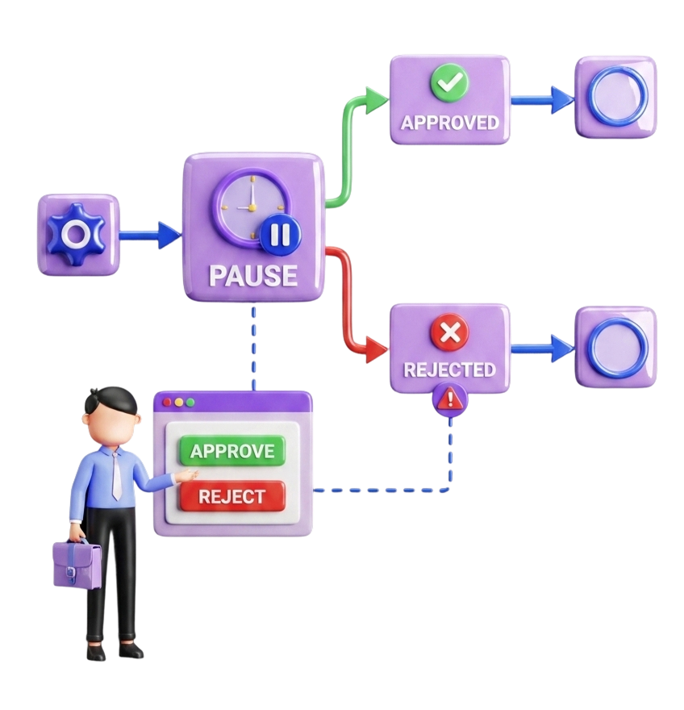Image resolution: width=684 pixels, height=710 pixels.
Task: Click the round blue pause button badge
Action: (280, 235)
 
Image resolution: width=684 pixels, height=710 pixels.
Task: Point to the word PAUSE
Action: (252, 275)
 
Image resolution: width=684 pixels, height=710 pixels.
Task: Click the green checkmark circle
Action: (449, 83)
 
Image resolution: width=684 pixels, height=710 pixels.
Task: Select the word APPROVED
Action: (450, 123)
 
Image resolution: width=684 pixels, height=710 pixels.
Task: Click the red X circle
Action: (449, 332)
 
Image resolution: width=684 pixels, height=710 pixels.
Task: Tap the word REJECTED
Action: (449, 370)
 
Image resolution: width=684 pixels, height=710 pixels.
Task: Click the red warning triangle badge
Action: (450, 398)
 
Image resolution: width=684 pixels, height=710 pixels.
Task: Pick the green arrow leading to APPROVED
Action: (352, 137)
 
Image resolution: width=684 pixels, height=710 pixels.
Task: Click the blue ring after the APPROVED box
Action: (617, 96)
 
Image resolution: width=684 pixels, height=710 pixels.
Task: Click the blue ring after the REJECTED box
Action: (617, 348)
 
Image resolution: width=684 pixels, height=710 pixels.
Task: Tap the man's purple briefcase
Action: (76, 564)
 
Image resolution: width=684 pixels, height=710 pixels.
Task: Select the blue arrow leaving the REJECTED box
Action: (542, 349)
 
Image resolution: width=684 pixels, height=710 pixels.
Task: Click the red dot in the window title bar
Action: (167, 402)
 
